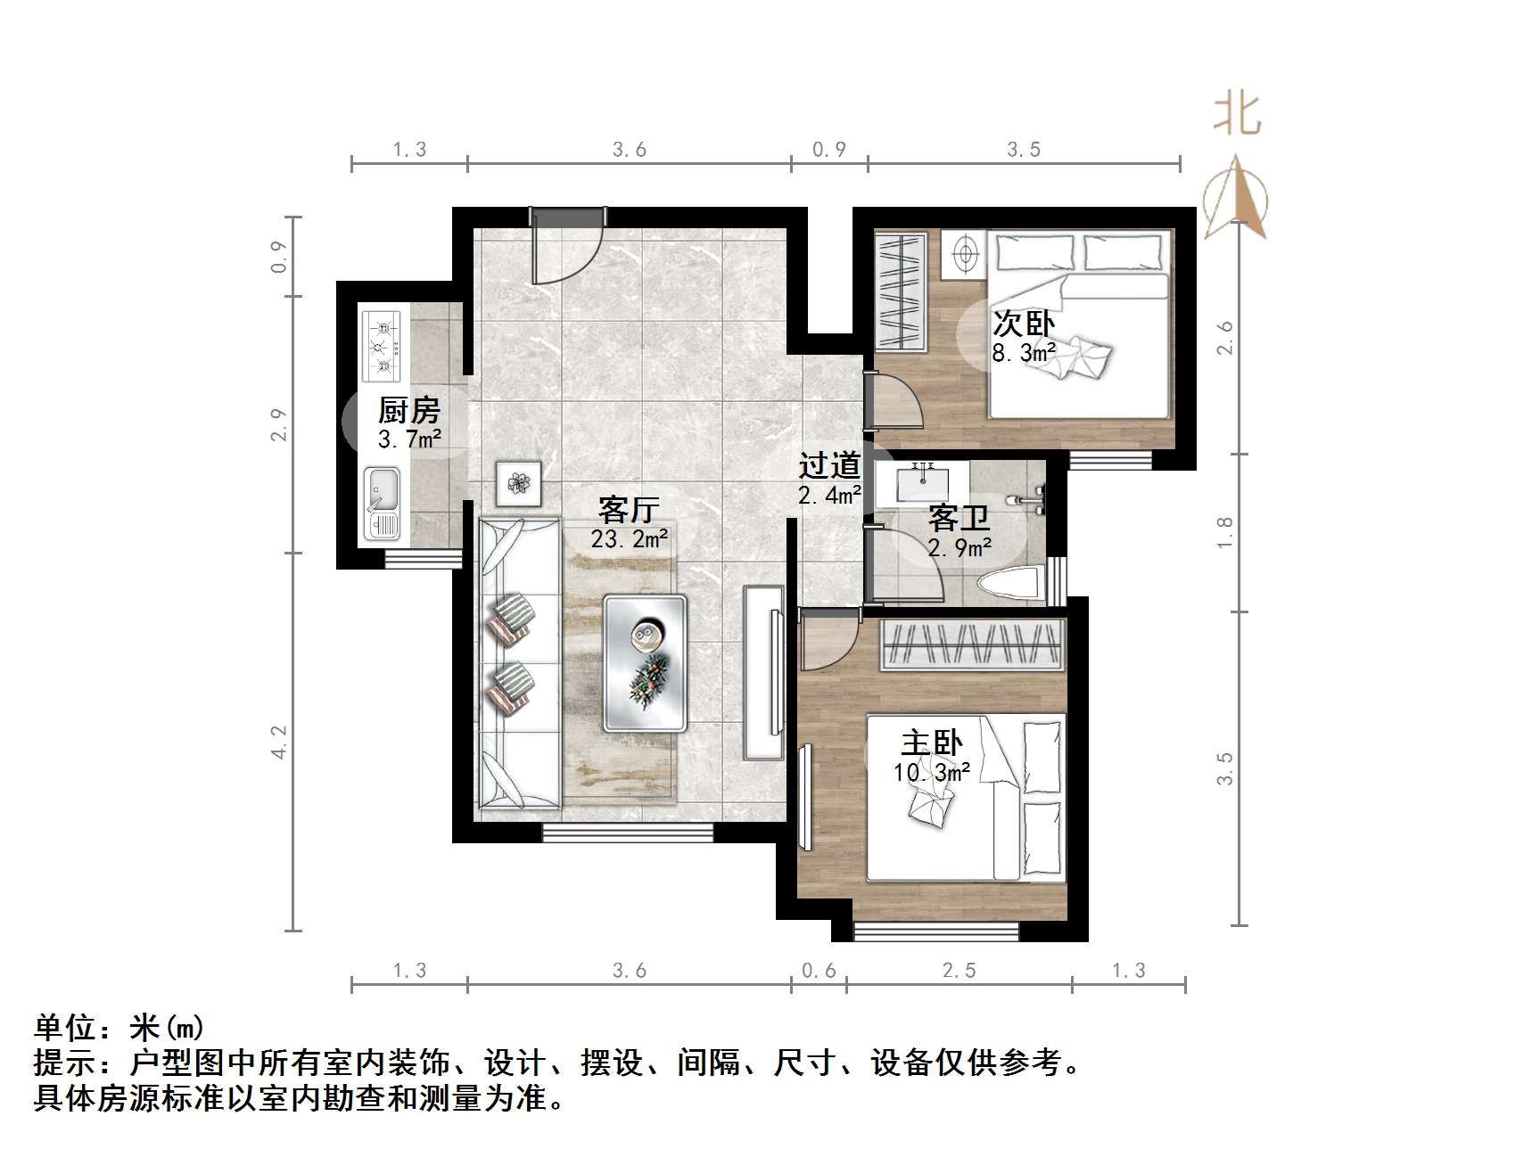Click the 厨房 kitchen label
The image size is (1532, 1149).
(x=409, y=410)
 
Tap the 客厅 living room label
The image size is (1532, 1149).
(x=629, y=510)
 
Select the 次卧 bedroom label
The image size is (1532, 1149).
(x=1024, y=324)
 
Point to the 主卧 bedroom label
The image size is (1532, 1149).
(x=932, y=743)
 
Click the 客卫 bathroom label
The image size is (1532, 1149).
(x=959, y=518)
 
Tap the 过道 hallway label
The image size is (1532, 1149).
(x=829, y=465)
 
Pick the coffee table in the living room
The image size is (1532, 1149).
(x=645, y=662)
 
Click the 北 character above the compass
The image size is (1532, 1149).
(x=1237, y=115)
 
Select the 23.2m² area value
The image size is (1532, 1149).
(x=629, y=538)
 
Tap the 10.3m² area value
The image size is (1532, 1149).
(x=932, y=771)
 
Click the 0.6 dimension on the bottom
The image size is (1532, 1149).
(x=819, y=970)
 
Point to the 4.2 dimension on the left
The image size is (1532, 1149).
(x=279, y=742)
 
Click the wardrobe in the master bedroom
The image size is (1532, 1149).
(x=974, y=644)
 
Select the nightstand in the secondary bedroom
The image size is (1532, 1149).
(x=963, y=254)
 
